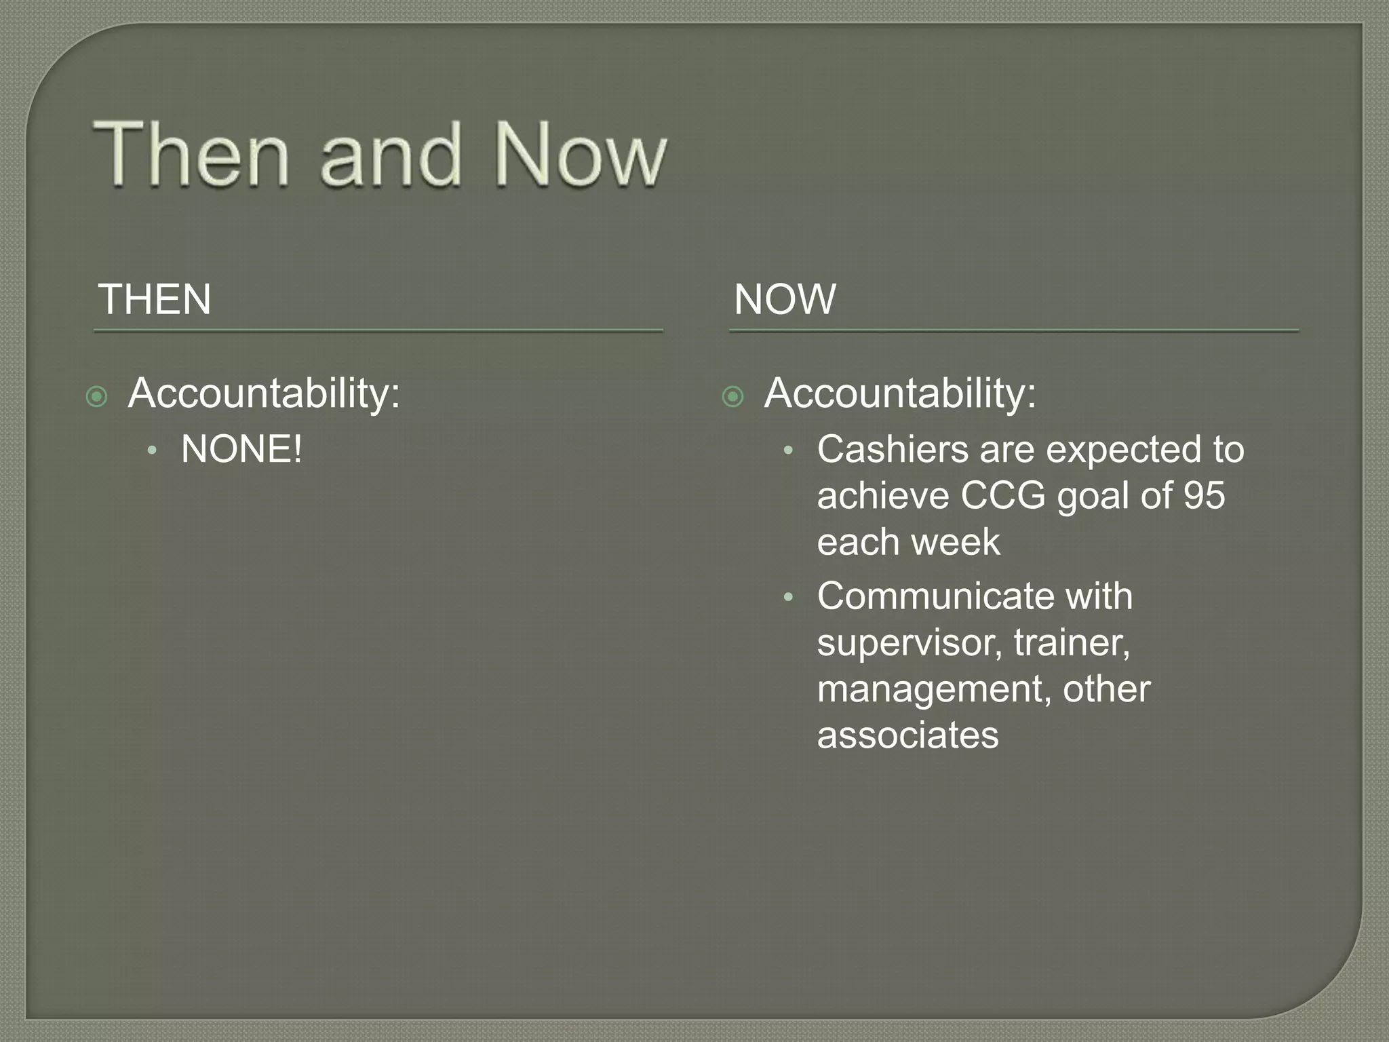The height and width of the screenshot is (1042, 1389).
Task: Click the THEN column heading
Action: pos(155,299)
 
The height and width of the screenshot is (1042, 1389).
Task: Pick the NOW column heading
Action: pos(785,299)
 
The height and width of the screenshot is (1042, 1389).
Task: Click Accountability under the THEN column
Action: pos(264,393)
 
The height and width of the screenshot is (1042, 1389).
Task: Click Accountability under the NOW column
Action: pos(900,393)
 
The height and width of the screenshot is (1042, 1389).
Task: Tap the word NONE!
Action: pos(241,449)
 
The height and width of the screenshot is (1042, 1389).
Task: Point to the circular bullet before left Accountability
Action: pos(97,397)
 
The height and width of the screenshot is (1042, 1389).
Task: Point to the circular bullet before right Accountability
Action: pos(733,397)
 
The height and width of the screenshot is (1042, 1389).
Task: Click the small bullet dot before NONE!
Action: pos(153,450)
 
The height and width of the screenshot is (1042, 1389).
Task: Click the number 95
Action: pos(1205,495)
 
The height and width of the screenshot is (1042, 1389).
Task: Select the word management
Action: pos(934,689)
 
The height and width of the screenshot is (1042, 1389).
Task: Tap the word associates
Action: pos(907,735)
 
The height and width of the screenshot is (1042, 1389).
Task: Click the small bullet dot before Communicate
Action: pos(788,598)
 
